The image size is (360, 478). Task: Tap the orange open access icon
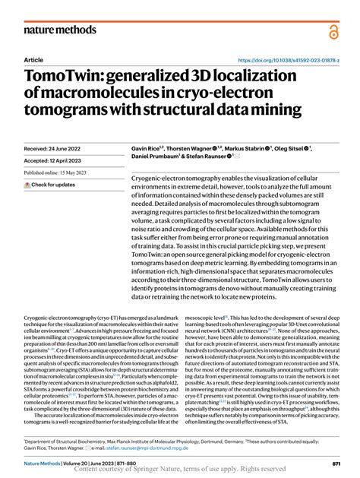coord(333,31)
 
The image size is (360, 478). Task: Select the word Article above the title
coord(33,59)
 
